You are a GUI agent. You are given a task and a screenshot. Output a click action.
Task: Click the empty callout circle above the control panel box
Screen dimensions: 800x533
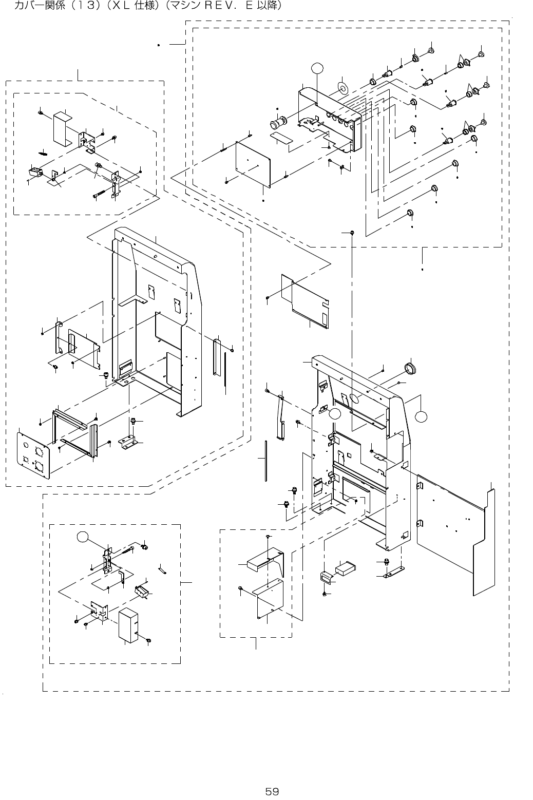317,67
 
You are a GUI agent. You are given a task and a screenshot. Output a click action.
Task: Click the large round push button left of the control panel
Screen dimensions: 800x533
278,124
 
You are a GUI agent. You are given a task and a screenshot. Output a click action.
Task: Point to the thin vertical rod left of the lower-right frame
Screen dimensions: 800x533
265,460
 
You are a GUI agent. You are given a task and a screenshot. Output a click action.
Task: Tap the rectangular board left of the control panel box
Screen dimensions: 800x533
254,162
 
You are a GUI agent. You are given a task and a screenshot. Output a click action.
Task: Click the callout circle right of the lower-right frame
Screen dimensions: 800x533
422,416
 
